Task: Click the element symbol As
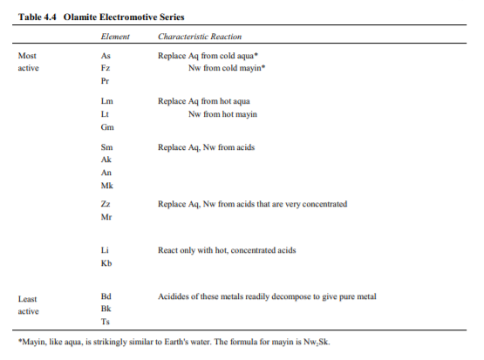point(106,55)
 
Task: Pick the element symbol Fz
point(106,67)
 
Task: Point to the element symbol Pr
point(106,80)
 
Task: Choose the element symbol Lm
point(106,102)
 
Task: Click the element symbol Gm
point(106,127)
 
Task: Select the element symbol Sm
point(106,148)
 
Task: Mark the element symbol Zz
point(106,204)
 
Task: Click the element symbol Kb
point(106,263)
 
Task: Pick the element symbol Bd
point(106,297)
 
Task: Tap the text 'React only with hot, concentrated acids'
point(226,250)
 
